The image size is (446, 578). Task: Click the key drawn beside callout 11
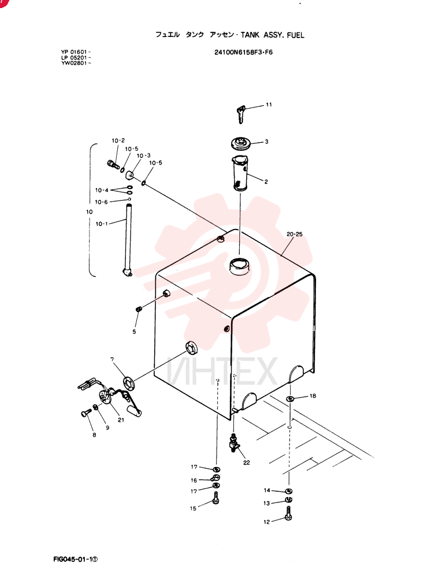click(240, 114)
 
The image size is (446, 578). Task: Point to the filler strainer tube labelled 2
click(240, 173)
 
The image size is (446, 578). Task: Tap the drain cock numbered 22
click(234, 443)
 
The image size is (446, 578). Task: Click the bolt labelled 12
click(289, 513)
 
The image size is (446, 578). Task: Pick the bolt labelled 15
click(216, 498)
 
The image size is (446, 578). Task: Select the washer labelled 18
click(290, 398)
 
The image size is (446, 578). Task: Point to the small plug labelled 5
click(139, 309)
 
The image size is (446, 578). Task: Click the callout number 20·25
click(295, 234)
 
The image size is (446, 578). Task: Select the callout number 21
click(121, 420)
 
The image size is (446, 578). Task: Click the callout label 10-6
click(101, 202)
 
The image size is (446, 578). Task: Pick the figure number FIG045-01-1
click(76, 559)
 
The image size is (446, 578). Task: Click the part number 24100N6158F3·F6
click(244, 53)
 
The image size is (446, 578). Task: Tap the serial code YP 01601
click(75, 52)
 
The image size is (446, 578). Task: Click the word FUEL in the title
click(296, 35)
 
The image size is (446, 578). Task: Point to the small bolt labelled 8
click(86, 413)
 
